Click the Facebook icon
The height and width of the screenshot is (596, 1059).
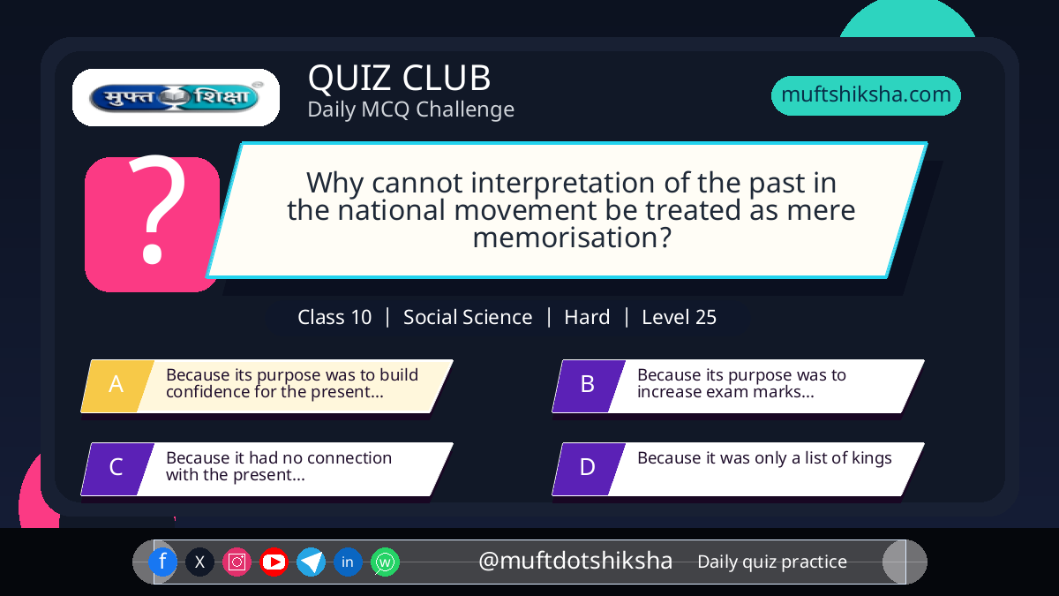pyautogui.click(x=162, y=562)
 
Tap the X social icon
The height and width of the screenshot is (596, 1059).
pyautogui.click(x=199, y=562)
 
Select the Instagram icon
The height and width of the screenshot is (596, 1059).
pyautogui.click(x=237, y=562)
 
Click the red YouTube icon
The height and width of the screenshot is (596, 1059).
pyautogui.click(x=274, y=562)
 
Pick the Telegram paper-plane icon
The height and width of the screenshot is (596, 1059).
pyautogui.click(x=311, y=562)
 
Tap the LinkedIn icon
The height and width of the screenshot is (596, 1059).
pyautogui.click(x=348, y=562)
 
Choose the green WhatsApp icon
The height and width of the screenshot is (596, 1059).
pyautogui.click(x=385, y=562)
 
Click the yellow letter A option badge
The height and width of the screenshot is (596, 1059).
pyautogui.click(x=117, y=386)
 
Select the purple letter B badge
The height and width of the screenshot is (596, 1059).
pyautogui.click(x=589, y=386)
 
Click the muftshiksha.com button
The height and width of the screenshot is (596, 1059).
pyautogui.click(x=866, y=95)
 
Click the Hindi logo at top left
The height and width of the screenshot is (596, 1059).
pyautogui.click(x=176, y=97)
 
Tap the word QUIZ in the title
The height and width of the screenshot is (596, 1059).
pyautogui.click(x=349, y=78)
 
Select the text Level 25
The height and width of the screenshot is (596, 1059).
pyautogui.click(x=679, y=317)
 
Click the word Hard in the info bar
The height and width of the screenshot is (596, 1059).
pyautogui.click(x=587, y=317)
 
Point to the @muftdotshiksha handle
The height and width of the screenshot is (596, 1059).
pyautogui.click(x=575, y=561)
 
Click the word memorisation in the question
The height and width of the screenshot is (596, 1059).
pyautogui.click(x=572, y=238)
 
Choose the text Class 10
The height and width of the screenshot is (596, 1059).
pyautogui.click(x=334, y=317)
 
